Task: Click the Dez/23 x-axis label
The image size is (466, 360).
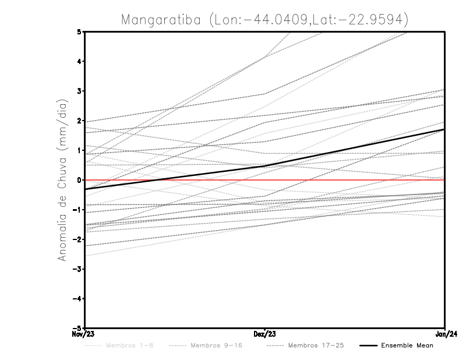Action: point(265,334)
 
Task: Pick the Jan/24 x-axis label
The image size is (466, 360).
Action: point(445,334)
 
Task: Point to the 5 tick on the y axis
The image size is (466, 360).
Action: point(79,31)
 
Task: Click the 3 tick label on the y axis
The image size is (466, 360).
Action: point(79,91)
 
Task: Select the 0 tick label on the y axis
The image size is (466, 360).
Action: point(79,180)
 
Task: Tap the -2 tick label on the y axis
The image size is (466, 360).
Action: point(77,239)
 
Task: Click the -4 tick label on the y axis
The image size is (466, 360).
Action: point(77,298)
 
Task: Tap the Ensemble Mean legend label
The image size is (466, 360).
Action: point(407,345)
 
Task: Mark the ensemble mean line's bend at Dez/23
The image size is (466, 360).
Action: point(265,166)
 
